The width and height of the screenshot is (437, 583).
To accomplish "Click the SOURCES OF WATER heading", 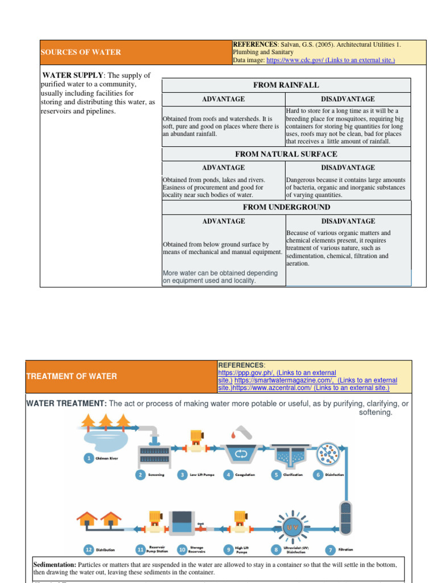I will coord(81,52).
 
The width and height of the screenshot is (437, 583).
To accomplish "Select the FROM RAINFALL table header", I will coord(286,85).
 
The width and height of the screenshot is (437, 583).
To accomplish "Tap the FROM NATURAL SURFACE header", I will coord(286,154).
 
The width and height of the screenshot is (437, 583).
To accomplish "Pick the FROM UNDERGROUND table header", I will coord(286,207).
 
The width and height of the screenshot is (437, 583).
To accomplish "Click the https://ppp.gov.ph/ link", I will coord(242,373).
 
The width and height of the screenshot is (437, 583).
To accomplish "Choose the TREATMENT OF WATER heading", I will coord(72,376).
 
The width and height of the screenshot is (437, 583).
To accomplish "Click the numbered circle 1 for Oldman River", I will coord(88,458).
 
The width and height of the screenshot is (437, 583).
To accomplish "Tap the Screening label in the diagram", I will coord(156,475).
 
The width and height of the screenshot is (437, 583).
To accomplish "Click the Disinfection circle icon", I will coord(327,452).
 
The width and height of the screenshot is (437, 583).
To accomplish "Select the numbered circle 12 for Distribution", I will coord(88,550).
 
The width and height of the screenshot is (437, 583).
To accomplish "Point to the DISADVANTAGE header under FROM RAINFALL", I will coord(348,99).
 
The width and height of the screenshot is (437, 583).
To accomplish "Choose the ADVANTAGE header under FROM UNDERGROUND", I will coord(224,221).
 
